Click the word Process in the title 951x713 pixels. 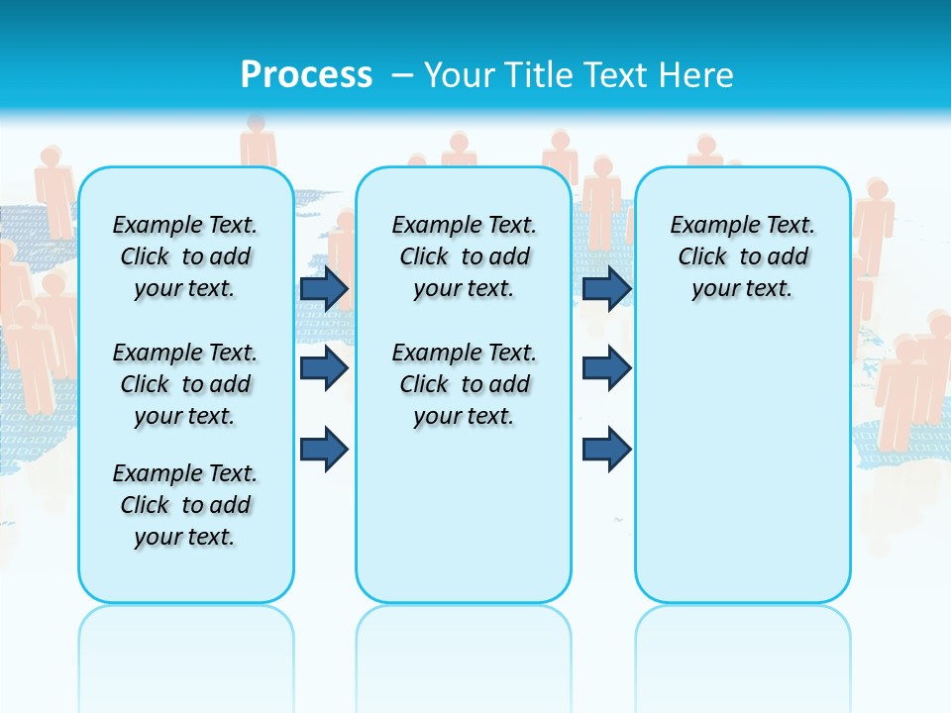click(306, 74)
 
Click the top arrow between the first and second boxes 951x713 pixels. click(324, 289)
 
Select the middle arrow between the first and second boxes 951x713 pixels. click(324, 368)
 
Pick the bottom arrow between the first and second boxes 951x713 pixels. click(324, 450)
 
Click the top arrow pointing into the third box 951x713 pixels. click(606, 289)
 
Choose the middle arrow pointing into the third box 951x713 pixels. click(606, 368)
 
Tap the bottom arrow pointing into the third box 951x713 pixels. click(606, 450)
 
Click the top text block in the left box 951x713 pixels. click(185, 256)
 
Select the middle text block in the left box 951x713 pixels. click(185, 384)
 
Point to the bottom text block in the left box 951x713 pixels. click(185, 505)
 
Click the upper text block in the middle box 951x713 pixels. click(464, 256)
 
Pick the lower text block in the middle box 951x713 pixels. click(464, 384)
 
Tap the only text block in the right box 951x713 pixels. click(742, 256)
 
